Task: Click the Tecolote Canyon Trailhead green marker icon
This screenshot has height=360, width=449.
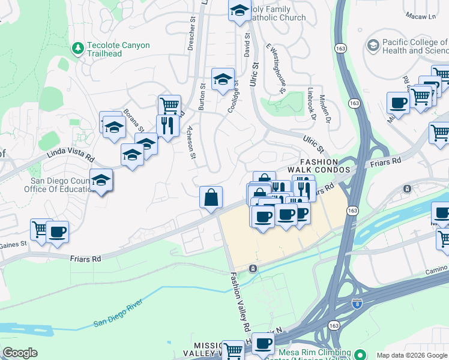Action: click(x=77, y=47)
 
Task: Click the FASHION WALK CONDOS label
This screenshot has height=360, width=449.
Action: click(x=324, y=166)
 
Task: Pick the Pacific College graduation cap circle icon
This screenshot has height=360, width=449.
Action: click(x=373, y=46)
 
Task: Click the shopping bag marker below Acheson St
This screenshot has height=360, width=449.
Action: click(x=211, y=197)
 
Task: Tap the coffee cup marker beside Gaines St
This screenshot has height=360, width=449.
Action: click(x=58, y=232)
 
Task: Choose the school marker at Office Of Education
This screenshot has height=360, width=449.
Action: click(x=101, y=180)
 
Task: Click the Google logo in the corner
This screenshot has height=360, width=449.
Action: click(x=20, y=353)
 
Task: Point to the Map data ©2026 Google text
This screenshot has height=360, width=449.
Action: click(x=412, y=355)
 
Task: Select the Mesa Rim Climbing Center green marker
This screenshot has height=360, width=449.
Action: click(x=359, y=353)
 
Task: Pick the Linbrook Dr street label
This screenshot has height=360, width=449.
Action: click(x=310, y=103)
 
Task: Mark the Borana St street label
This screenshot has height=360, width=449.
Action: click(x=133, y=120)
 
